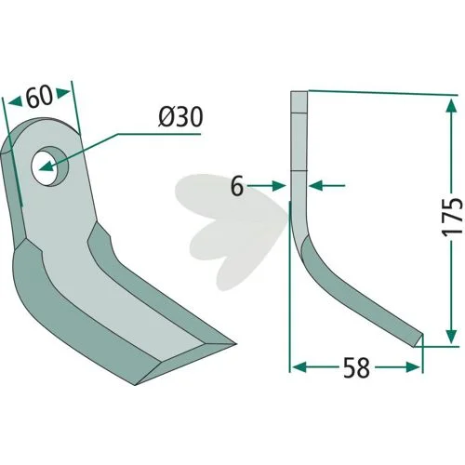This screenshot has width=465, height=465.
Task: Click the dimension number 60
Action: pos(39,97)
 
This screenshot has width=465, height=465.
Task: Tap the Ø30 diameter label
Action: pos(180,117)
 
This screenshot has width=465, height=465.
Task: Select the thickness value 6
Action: pos(237,187)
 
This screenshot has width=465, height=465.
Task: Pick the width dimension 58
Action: pos(356,367)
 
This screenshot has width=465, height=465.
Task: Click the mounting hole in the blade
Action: pos(49,166)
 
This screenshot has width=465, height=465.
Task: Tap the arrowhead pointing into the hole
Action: pos(46,166)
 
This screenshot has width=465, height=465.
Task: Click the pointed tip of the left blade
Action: pos(234,343)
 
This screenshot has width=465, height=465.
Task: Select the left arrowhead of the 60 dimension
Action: pos(16,101)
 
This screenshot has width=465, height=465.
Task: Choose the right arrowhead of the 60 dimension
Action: pos(63,92)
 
